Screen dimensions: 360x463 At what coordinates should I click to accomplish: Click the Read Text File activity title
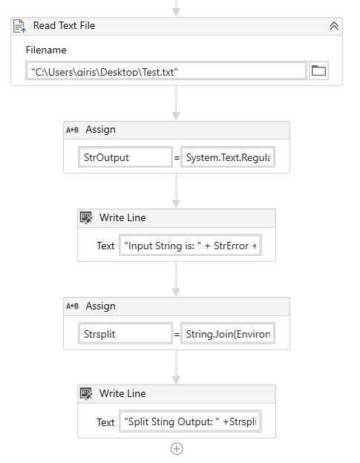[x=64, y=26]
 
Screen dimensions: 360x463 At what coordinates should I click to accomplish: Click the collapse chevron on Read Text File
[x=334, y=26]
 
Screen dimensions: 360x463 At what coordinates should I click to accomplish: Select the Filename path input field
[x=166, y=70]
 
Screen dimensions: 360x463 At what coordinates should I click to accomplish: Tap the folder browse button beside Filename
[x=318, y=70]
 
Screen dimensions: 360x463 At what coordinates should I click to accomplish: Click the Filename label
[x=46, y=50]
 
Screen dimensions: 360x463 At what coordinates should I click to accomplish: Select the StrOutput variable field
[x=125, y=157]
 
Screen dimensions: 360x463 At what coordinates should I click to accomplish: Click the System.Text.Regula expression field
[x=228, y=157]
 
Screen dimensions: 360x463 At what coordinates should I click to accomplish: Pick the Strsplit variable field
[x=125, y=334]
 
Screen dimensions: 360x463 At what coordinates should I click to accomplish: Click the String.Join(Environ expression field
[x=228, y=334]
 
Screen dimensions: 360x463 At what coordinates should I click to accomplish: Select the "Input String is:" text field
[x=190, y=245]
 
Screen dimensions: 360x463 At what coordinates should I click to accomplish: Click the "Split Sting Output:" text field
[x=190, y=421]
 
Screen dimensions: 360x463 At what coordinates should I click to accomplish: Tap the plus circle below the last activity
[x=177, y=448]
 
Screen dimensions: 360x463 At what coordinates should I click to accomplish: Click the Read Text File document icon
[x=19, y=26]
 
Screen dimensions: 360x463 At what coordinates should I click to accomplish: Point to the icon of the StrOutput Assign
[x=72, y=130]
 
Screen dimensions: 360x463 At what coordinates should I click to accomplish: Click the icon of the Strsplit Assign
[x=72, y=306]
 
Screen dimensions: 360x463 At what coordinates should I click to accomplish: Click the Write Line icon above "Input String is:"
[x=86, y=218]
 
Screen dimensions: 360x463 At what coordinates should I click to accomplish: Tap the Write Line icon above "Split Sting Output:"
[x=86, y=393]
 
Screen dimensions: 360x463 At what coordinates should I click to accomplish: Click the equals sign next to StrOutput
[x=177, y=158]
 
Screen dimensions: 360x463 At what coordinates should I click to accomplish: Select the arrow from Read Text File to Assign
[x=177, y=103]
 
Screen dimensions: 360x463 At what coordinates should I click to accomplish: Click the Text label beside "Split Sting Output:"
[x=105, y=422]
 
